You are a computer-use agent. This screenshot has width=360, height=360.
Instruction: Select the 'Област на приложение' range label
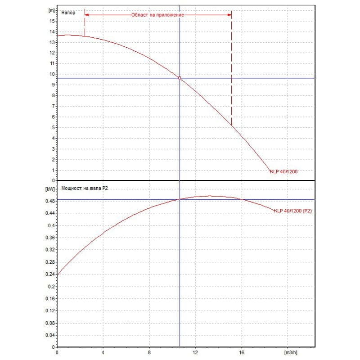(157, 14)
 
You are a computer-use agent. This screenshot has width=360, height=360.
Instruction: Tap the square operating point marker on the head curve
(180, 78)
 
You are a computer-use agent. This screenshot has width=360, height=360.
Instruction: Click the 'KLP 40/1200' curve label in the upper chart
(283, 171)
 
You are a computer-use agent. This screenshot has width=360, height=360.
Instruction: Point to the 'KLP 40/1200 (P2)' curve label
(292, 211)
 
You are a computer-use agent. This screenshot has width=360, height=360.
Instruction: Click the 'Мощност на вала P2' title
(83, 188)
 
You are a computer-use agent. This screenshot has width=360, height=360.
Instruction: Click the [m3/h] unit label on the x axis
(291, 352)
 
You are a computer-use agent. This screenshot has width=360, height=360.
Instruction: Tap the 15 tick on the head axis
(52, 21)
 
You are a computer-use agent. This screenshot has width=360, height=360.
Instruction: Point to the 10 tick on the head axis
(52, 74)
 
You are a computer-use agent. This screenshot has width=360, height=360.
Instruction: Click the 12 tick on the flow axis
(195, 352)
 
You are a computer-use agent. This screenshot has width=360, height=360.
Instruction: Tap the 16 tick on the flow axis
(242, 352)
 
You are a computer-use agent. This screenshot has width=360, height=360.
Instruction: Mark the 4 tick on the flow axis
(103, 352)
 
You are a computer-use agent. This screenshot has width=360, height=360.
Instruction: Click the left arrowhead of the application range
(86, 14)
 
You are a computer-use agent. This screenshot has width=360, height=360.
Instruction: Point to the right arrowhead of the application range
(229, 14)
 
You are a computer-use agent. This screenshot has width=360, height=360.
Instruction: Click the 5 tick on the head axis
(53, 127)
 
